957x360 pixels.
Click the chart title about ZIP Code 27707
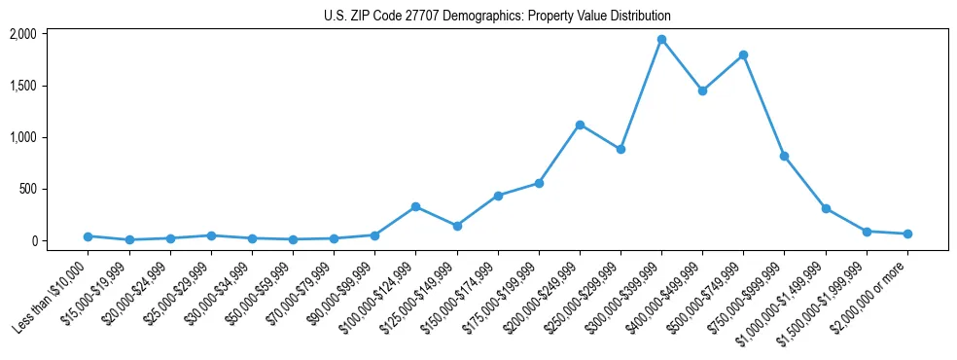click(x=497, y=16)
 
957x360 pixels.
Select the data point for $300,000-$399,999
click(x=661, y=40)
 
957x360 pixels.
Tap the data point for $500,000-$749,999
click(x=743, y=55)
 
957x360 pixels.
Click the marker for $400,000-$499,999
click(x=702, y=90)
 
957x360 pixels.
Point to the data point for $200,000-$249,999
click(x=580, y=125)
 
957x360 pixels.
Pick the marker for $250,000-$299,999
click(x=620, y=149)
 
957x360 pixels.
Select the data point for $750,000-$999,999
click(x=784, y=156)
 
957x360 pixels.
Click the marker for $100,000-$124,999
click(x=415, y=206)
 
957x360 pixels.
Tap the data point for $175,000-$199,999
click(x=539, y=183)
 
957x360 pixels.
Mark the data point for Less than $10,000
click(x=89, y=236)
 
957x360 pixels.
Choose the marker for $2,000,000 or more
click(x=907, y=234)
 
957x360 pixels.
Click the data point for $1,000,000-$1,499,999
click(x=826, y=208)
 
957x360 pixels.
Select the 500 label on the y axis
click(x=28, y=189)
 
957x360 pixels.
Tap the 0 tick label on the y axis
click(x=33, y=240)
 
